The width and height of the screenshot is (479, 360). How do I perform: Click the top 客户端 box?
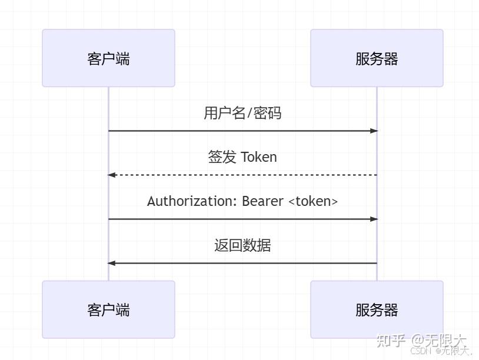[x=108, y=58]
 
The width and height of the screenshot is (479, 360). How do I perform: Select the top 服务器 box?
[x=377, y=58]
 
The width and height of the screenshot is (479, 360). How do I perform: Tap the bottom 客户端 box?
[x=108, y=309]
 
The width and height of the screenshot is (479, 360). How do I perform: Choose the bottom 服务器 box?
[x=377, y=309]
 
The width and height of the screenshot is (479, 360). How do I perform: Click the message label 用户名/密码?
[x=242, y=113]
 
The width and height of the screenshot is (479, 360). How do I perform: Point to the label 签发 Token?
[x=242, y=157]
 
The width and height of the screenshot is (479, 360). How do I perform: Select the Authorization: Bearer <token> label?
[x=242, y=201]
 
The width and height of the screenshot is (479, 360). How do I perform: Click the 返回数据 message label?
[x=242, y=245]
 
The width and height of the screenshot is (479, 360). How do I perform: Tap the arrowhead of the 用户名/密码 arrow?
[x=374, y=131]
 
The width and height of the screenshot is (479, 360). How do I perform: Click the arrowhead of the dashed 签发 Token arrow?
[x=111, y=175]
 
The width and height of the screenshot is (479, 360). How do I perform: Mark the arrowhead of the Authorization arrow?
[x=374, y=219]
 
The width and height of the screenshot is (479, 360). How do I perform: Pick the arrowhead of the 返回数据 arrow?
[x=111, y=263]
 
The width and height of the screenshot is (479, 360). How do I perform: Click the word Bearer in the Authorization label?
[x=263, y=201]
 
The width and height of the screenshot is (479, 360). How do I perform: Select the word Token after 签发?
[x=259, y=157]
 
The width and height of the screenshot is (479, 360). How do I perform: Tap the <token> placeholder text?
[x=313, y=201]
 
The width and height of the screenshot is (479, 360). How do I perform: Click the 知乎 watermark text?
[x=391, y=340]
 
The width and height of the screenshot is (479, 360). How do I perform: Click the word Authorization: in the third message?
[x=192, y=201]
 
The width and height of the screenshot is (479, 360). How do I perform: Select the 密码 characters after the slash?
[x=267, y=113]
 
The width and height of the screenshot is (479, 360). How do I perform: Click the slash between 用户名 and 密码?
[x=250, y=113]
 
